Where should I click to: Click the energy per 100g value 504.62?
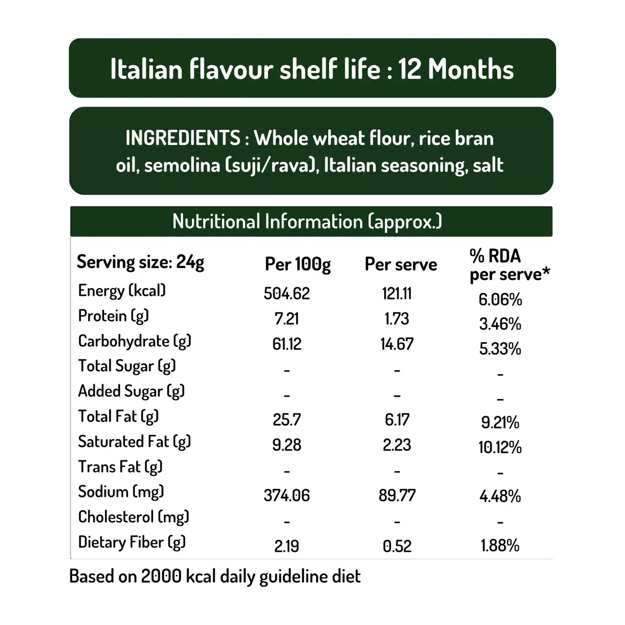[287, 294]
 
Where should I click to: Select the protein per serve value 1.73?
[397, 319]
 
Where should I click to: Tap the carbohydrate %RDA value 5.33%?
[500, 349]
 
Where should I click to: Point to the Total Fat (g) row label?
[118, 416]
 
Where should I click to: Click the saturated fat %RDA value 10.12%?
[500, 447]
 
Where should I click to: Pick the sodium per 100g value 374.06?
[287, 495]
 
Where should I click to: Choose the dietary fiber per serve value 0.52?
[397, 546]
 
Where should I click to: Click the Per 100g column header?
[298, 264]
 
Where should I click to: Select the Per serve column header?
[401, 264]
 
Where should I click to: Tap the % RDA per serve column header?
[509, 265]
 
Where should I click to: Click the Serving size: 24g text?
[140, 262]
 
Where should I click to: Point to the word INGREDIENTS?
[183, 138]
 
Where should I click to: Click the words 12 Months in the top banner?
[456, 69]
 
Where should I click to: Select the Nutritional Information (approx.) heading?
[307, 221]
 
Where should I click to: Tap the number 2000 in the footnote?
[161, 576]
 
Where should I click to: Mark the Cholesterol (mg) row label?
[134, 517]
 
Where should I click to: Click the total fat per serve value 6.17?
[397, 420]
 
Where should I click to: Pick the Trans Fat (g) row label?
[120, 467]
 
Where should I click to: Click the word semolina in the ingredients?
[182, 165]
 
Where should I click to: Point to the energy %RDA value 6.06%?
[500, 299]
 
